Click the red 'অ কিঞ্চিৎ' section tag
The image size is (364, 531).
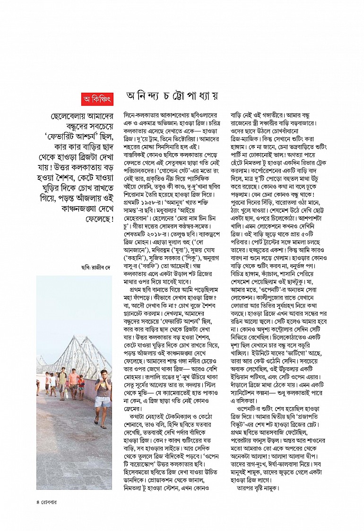[x=97, y=99]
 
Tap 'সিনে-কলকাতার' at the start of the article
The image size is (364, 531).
[x=139, y=114]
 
